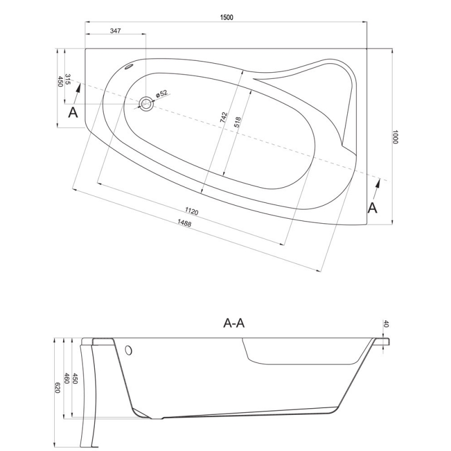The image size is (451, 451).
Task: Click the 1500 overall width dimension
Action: pyautogui.click(x=227, y=17)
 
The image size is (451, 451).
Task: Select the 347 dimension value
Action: pyautogui.click(x=116, y=31)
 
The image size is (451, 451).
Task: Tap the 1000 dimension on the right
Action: pyautogui.click(x=395, y=137)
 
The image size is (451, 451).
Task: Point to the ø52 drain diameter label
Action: pyautogui.click(x=161, y=94)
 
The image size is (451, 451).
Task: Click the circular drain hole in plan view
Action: pyautogui.click(x=146, y=104)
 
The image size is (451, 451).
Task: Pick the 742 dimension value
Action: pyautogui.click(x=224, y=118)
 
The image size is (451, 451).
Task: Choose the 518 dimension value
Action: pyautogui.click(x=237, y=122)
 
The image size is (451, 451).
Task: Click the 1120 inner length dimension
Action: pyautogui.click(x=192, y=211)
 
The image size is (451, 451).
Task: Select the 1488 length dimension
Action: pyautogui.click(x=184, y=223)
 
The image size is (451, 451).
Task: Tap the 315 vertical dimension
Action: pyautogui.click(x=68, y=79)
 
